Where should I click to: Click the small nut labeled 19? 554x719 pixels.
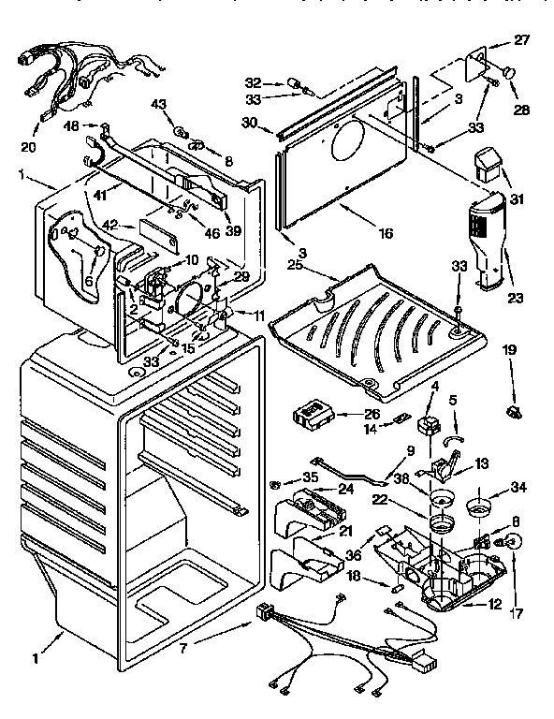pyautogui.click(x=512, y=410)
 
